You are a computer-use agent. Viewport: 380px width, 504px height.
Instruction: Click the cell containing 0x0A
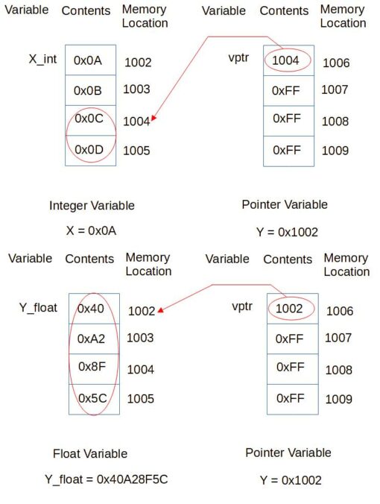91,60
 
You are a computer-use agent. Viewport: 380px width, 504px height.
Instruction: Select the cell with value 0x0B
91,90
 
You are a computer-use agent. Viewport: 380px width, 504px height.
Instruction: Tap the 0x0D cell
91,151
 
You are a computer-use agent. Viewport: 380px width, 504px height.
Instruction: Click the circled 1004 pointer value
287,60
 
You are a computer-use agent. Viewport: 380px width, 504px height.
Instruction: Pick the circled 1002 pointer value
291,309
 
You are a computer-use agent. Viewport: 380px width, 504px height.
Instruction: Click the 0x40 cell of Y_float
94,309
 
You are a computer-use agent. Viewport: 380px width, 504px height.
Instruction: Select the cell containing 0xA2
94,338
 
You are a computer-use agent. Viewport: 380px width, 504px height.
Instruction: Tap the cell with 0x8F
94,369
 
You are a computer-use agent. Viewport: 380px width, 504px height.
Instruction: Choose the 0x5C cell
94,400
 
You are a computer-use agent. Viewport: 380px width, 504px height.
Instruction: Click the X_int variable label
42,60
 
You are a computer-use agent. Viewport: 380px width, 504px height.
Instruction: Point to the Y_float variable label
38,308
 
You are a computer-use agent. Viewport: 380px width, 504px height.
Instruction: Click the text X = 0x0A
91,231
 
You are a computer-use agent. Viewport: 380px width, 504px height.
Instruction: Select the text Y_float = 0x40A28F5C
107,479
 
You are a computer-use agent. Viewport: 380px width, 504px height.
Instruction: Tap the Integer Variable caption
92,206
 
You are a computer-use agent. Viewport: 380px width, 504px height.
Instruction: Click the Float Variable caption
90,454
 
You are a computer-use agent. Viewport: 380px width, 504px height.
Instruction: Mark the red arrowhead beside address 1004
154,119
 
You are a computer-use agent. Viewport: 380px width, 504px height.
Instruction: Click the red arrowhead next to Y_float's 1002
161,310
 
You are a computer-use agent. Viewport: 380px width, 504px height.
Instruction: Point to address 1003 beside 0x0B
136,89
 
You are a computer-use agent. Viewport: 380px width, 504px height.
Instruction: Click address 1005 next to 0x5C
141,399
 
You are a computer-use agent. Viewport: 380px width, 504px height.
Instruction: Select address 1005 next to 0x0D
136,151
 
